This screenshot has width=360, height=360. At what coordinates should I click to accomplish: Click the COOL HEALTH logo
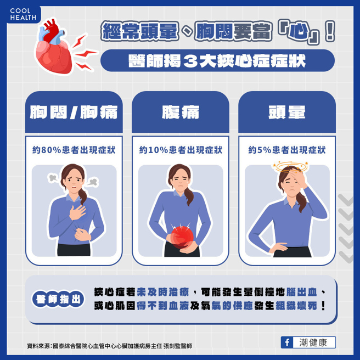tap(23, 14)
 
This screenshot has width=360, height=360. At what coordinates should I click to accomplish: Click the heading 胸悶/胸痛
tap(74, 113)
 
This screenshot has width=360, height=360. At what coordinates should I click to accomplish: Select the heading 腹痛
tap(181, 113)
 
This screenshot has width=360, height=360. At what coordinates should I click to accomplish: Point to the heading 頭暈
tap(287, 113)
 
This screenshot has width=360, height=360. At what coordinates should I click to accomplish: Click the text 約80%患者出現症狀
tap(74, 150)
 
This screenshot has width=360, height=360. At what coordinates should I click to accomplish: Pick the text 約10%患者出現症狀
tap(181, 150)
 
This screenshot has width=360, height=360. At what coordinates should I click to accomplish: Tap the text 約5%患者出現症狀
tap(287, 150)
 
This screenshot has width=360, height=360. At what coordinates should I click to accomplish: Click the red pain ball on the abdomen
tap(182, 237)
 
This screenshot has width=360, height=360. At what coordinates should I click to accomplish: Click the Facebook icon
tap(287, 342)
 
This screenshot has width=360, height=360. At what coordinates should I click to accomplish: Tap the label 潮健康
tap(313, 342)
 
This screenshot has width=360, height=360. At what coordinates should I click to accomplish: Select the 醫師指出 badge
tap(58, 299)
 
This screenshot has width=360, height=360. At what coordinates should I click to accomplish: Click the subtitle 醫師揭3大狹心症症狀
tap(217, 61)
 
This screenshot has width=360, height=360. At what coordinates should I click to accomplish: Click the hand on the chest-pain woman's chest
tap(77, 212)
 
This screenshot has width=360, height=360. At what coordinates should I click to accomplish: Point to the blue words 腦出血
tap(302, 292)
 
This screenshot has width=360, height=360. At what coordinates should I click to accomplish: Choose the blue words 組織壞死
tap(296, 306)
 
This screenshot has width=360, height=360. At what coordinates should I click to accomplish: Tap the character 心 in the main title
tap(298, 31)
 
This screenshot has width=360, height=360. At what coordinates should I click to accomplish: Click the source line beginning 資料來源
tap(110, 346)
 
